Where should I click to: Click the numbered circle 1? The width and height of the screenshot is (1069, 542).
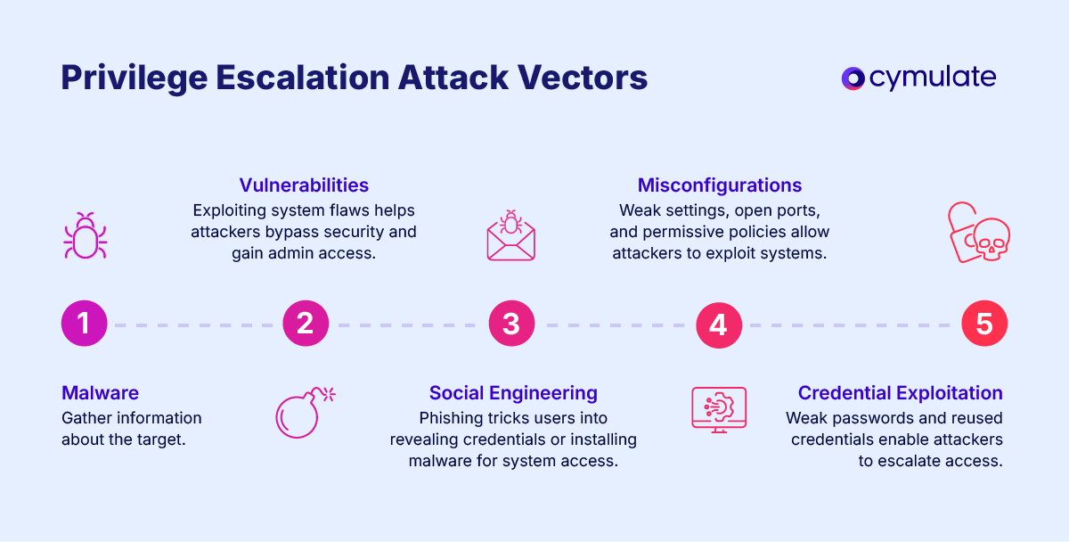(84, 323)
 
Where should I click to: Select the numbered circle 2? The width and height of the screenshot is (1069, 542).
(306, 323)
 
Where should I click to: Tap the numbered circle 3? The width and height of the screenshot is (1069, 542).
(511, 323)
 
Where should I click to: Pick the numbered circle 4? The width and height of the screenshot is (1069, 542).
(718, 324)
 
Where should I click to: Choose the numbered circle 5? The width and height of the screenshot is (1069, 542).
(984, 323)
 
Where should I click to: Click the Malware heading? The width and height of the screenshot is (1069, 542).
(100, 393)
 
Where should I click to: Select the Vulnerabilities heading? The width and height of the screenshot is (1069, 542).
(304, 185)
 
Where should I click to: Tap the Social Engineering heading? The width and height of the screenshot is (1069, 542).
(513, 393)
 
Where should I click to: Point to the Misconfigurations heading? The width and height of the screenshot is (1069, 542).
(720, 185)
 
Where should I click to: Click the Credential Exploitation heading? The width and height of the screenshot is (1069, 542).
(900, 393)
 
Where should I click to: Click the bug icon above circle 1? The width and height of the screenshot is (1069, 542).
(86, 235)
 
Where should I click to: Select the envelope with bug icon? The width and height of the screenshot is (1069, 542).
(511, 235)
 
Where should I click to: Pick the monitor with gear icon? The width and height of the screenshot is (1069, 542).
(719, 409)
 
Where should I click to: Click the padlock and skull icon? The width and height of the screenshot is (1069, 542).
(977, 234)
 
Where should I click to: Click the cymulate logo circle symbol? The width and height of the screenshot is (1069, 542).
(853, 78)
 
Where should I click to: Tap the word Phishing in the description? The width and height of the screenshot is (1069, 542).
(451, 418)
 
